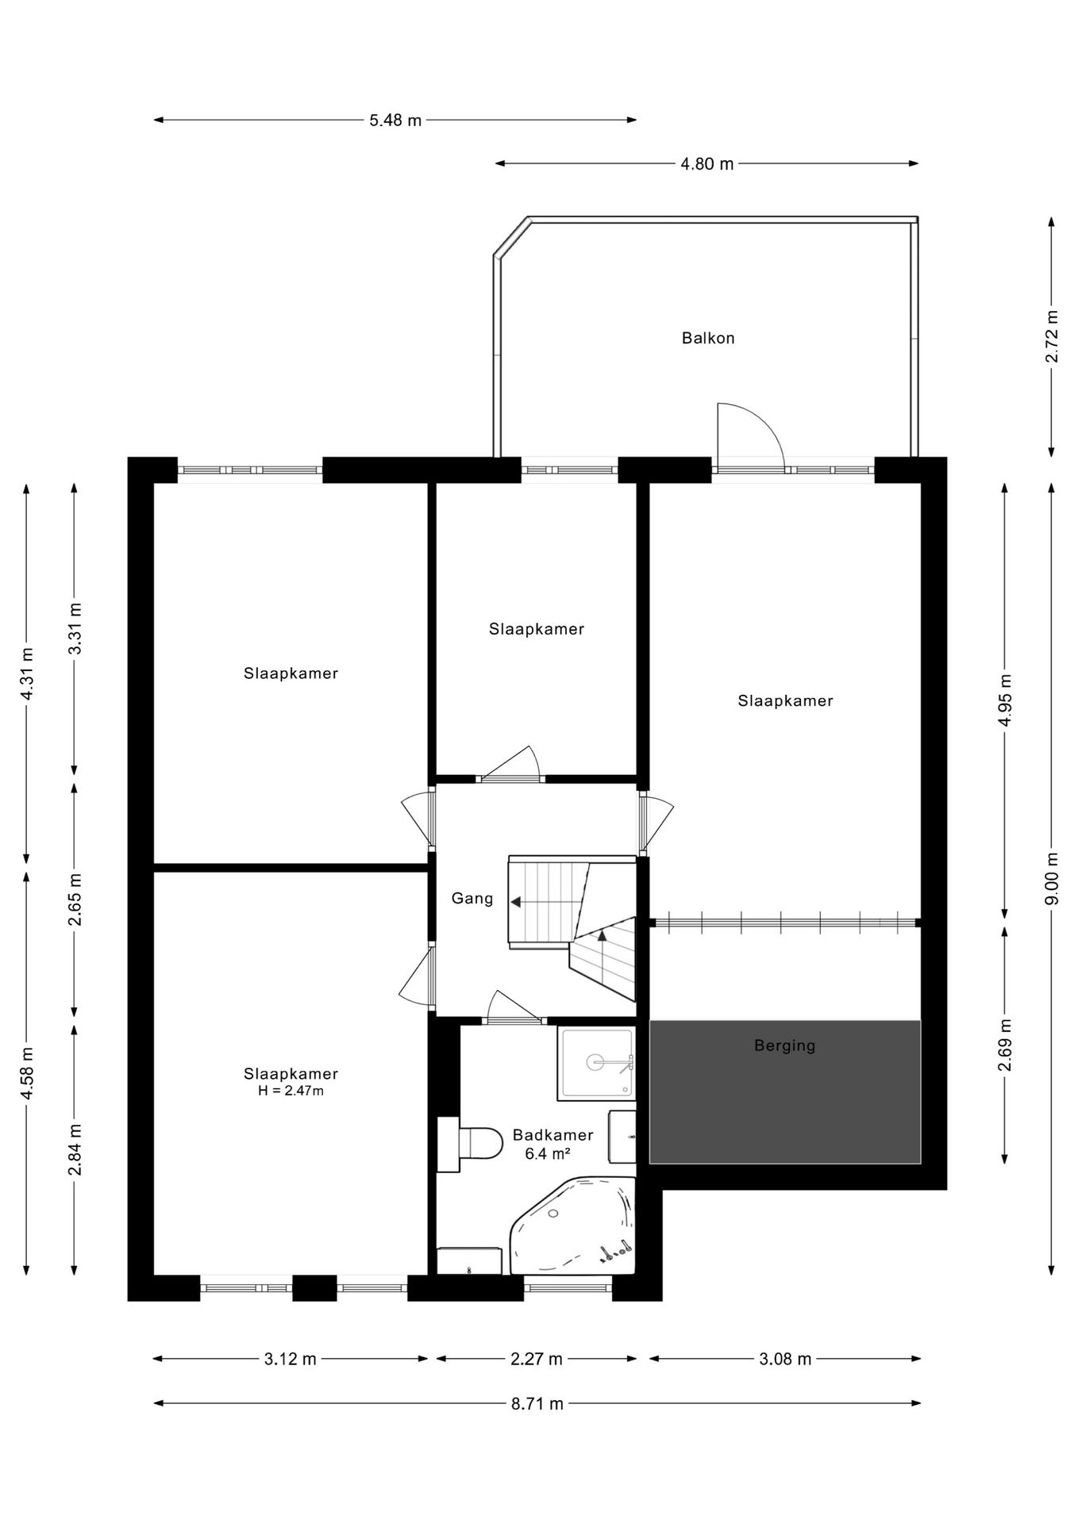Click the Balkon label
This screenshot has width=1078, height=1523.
click(708, 338)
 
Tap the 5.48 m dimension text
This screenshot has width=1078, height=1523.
click(395, 121)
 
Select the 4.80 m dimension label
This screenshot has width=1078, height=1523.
click(707, 164)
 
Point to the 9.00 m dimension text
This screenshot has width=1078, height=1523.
click(1052, 878)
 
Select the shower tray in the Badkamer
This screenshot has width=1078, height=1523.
click(597, 1063)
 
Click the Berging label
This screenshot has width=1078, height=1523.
click(784, 1045)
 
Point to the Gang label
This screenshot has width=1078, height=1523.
click(472, 899)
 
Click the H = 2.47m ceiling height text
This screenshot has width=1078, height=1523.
click(291, 1091)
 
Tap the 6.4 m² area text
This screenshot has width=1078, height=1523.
click(548, 1154)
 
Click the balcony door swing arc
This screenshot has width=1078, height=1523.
click(754, 428)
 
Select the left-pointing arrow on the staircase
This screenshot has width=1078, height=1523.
click(516, 902)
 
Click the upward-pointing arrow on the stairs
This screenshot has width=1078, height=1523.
click(602, 936)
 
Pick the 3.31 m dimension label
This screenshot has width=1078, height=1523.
click(75, 628)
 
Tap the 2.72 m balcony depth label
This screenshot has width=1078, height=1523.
click(1052, 336)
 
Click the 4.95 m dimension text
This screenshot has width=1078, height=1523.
click(1005, 700)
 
